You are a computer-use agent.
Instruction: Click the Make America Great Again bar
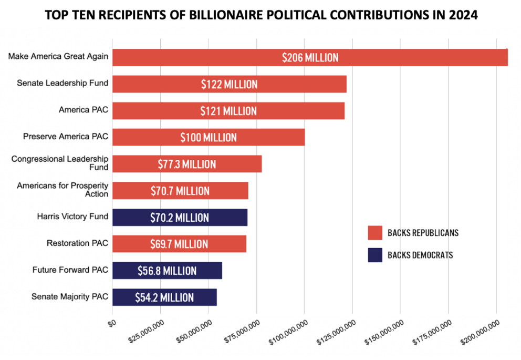(310, 57)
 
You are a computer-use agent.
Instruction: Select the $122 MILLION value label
(229, 84)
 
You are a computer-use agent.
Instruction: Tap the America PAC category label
(84, 110)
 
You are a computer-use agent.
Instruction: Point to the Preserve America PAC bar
(209, 137)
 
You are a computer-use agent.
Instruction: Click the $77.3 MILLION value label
(186, 164)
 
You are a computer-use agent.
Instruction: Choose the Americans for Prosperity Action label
(62, 190)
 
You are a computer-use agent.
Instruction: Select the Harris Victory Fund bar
(180, 217)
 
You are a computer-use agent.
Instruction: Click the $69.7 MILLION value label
(179, 244)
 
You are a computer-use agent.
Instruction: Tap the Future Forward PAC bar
(167, 271)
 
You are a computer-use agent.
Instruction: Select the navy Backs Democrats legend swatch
(375, 255)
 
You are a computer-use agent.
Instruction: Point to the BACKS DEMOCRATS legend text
(420, 255)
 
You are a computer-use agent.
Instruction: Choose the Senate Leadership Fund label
(62, 83)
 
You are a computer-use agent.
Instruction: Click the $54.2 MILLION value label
(165, 297)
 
